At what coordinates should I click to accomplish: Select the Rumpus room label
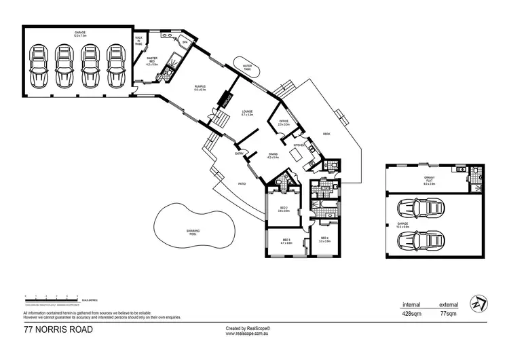click(x=201, y=88)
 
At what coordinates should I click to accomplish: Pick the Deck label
click(x=326, y=133)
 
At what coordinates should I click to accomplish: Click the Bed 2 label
click(x=284, y=210)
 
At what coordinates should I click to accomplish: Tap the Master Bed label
click(x=152, y=62)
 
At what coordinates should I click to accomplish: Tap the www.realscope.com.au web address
click(x=248, y=332)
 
